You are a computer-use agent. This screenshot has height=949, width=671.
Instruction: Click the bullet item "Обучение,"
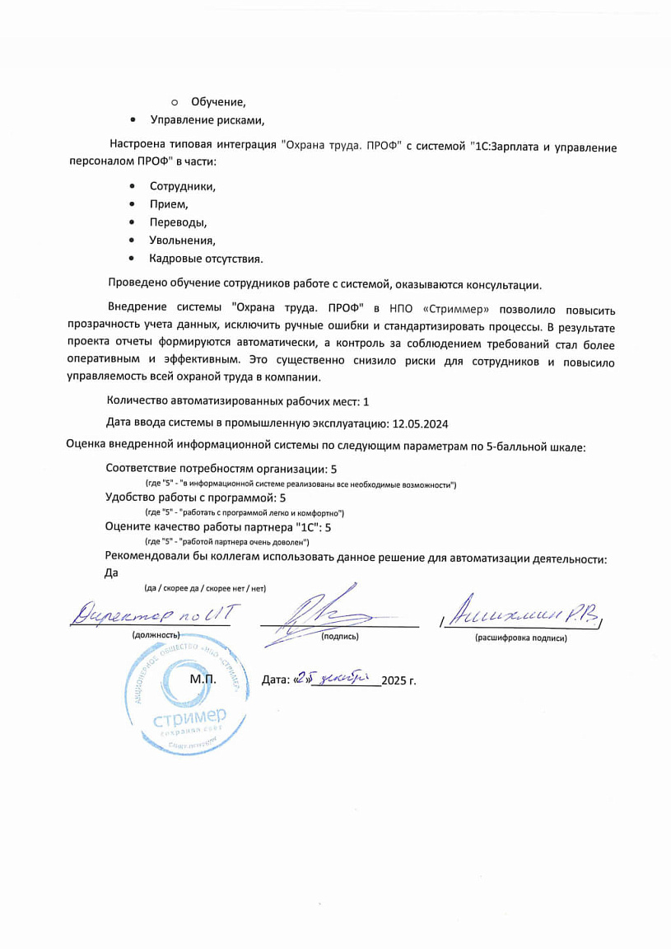pyautogui.click(x=218, y=102)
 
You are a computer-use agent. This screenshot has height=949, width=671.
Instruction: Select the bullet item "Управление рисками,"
pyautogui.click(x=207, y=120)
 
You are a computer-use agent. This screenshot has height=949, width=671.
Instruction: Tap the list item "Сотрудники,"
pyautogui.click(x=182, y=186)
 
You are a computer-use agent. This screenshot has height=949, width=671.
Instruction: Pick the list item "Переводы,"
pyautogui.click(x=178, y=222)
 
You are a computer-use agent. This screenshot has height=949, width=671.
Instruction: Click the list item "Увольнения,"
pyautogui.click(x=182, y=241)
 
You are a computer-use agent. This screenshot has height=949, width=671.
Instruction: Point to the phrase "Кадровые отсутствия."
pyautogui.click(x=206, y=259)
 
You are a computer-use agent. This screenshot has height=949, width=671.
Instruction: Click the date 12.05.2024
pyautogui.click(x=421, y=424)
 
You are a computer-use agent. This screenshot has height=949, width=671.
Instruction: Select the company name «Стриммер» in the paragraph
pyautogui.click(x=444, y=310)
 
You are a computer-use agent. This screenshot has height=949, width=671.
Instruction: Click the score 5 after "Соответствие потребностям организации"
pyautogui.click(x=333, y=469)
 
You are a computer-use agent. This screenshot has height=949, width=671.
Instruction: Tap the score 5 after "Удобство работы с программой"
pyautogui.click(x=282, y=498)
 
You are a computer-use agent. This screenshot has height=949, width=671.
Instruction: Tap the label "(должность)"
pyautogui.click(x=156, y=635)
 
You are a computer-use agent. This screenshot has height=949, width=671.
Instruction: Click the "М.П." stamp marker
pyautogui.click(x=203, y=680)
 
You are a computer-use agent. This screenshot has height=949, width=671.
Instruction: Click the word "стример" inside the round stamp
pyautogui.click(x=189, y=718)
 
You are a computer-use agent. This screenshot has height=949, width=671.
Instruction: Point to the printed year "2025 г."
pyautogui.click(x=399, y=680)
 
